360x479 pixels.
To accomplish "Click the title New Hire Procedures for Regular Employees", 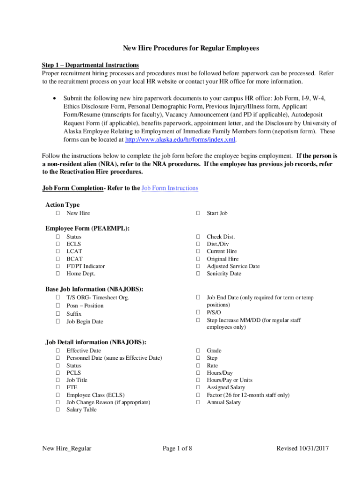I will (x=190, y=48).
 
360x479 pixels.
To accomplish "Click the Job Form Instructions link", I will (x=170, y=188).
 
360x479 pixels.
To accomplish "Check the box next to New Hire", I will (x=58, y=213).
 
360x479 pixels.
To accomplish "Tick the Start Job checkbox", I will (x=198, y=213).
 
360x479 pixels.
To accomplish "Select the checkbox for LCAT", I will (x=58, y=251).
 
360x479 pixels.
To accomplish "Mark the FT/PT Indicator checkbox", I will (x=58, y=266).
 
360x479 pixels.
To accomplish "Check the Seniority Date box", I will (x=198, y=274).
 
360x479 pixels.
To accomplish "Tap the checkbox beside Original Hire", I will (x=198, y=259).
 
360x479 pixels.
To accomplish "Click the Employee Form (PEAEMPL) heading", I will (x=87, y=228).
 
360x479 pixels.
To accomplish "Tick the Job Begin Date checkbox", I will (x=58, y=322).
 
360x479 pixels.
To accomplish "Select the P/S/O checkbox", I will (x=198, y=312).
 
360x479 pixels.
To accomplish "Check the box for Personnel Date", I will (x=58, y=358).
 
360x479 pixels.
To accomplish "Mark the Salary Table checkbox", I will (x=58, y=410).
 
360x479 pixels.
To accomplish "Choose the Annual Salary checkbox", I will (x=198, y=402).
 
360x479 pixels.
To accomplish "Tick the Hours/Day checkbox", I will (x=198, y=373).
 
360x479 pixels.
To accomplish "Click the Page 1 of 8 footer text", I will (x=177, y=449).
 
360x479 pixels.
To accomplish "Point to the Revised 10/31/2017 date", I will (x=302, y=449).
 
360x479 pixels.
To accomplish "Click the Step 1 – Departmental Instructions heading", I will (x=90, y=65).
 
